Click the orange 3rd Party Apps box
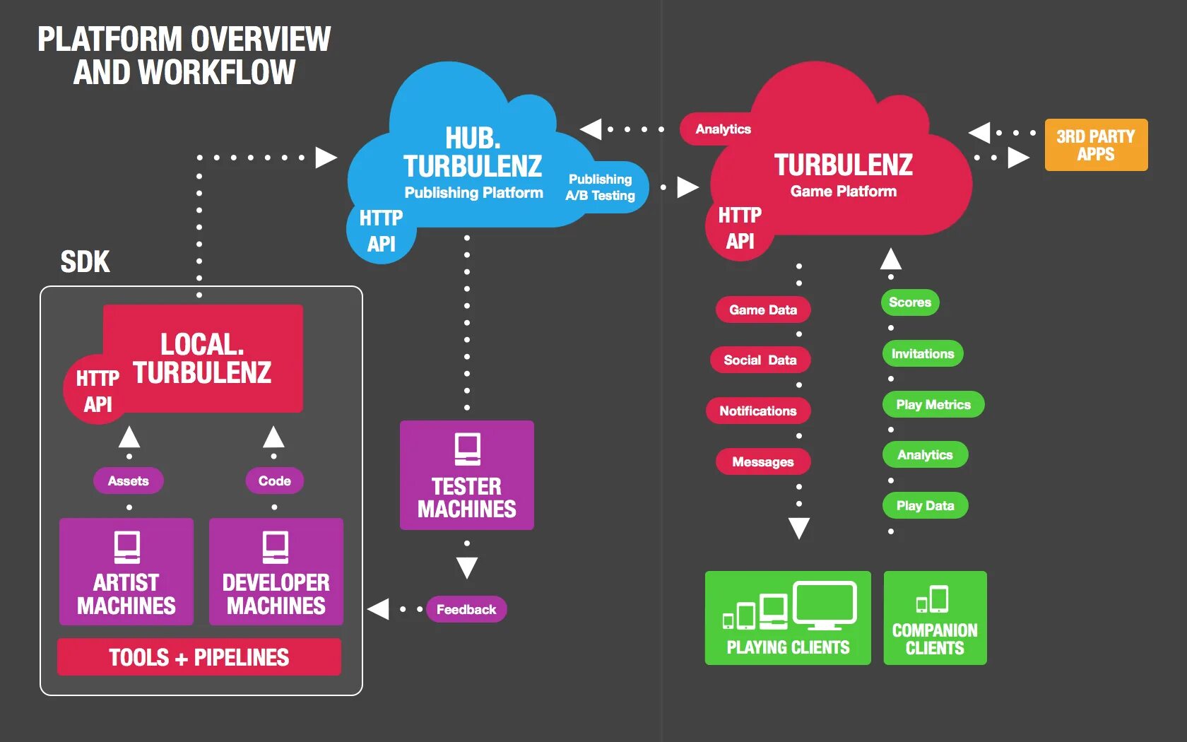[x=1096, y=145]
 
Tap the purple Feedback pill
[x=466, y=609]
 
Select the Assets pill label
[x=129, y=481]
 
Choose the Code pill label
[x=274, y=481]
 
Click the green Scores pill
[x=910, y=302]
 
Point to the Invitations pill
[x=923, y=353]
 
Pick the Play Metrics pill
[x=933, y=404]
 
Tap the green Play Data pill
[x=926, y=506]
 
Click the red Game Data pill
[x=763, y=310]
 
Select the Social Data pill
[x=760, y=360]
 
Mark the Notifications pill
[x=757, y=411]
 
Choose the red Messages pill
[x=763, y=461]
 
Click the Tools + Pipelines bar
[x=199, y=657]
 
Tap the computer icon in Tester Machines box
[x=468, y=449]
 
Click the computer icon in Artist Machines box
[x=127, y=547]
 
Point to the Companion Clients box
[x=935, y=618]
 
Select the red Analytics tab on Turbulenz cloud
[x=723, y=129]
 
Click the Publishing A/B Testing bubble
[x=601, y=187]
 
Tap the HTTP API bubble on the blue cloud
[x=381, y=231]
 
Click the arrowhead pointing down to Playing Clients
[x=799, y=528]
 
